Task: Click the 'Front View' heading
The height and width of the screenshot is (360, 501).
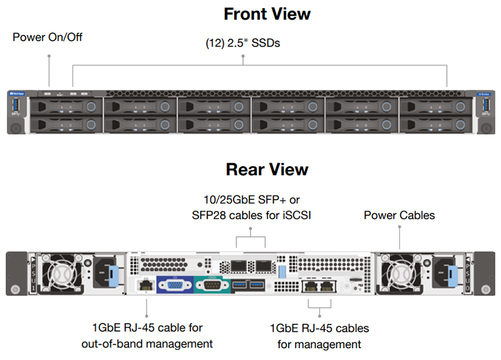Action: point(267,14)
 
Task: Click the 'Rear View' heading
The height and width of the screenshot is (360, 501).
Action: point(267,170)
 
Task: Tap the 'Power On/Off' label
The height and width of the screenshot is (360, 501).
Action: point(48,38)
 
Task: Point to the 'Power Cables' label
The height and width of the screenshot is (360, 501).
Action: point(399,215)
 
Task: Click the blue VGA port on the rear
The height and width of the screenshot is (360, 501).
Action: point(171,285)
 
